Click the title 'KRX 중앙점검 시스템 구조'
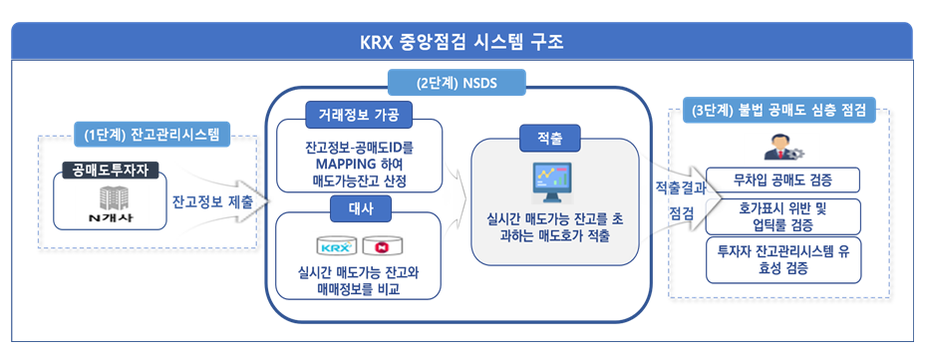(462, 43)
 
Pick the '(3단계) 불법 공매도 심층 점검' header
(778, 111)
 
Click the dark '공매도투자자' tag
(111, 171)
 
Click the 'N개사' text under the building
(111, 217)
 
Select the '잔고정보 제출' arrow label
(212, 202)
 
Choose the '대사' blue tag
(360, 208)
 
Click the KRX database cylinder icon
(336, 245)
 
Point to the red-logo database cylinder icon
(379, 245)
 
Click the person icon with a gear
(783, 147)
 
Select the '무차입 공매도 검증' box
(782, 180)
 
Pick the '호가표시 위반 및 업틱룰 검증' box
(782, 216)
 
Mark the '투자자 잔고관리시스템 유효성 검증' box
(782, 259)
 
